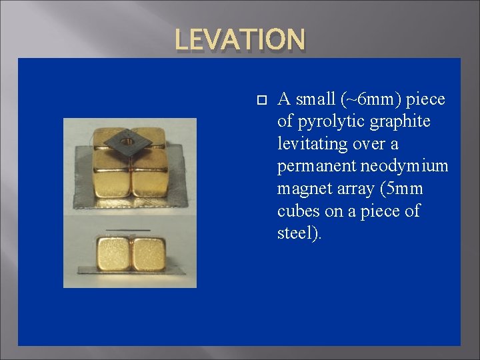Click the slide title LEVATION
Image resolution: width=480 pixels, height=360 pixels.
(x=240, y=39)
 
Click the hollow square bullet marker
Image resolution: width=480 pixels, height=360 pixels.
(x=261, y=101)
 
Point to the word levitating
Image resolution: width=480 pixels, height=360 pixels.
(x=312, y=144)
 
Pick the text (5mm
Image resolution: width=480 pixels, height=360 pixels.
(x=400, y=189)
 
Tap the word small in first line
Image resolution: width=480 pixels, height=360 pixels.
(x=317, y=100)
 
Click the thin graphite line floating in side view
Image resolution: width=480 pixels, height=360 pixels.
(x=131, y=231)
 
